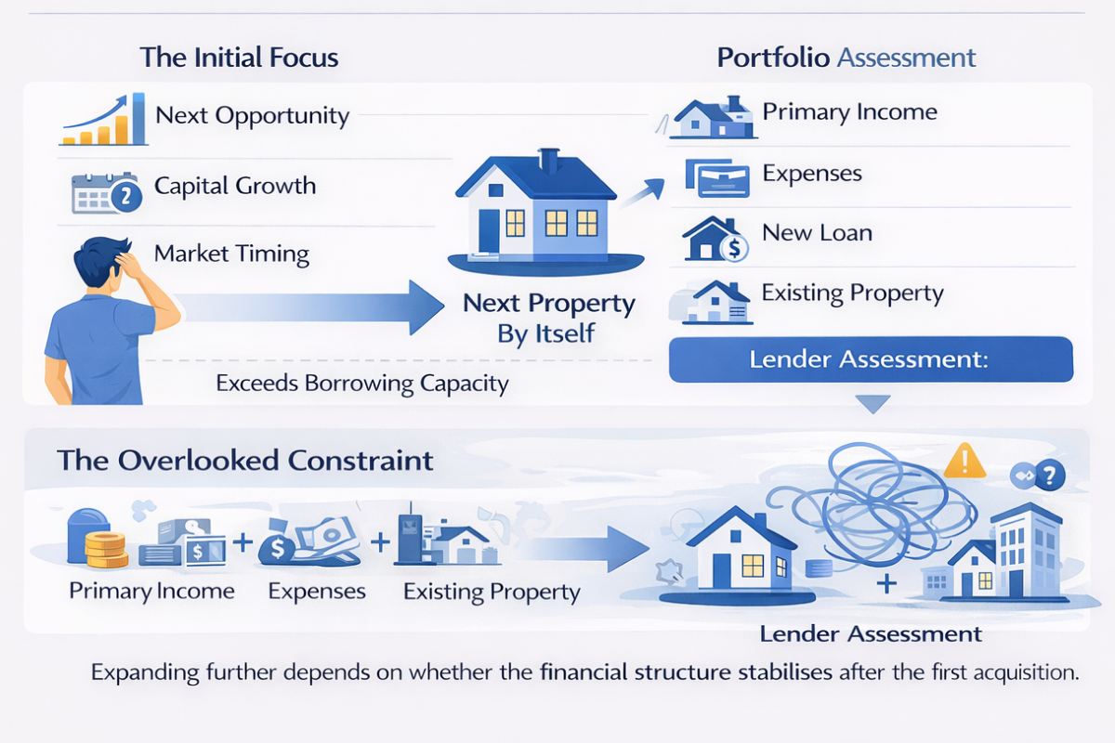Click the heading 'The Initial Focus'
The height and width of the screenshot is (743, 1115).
(239, 58)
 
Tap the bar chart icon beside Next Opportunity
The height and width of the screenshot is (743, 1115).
(103, 120)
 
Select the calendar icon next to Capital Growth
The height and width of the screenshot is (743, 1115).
(107, 193)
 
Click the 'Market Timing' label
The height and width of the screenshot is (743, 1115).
(231, 254)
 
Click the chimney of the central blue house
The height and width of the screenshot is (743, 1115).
(549, 161)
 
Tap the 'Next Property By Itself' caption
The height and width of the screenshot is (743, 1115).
(548, 318)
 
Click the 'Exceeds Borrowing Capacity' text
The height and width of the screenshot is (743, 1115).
(362, 384)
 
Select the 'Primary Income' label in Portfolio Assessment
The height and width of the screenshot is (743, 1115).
(849, 112)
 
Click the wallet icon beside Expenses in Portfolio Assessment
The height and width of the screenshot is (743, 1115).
(717, 178)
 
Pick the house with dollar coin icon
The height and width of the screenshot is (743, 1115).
(715, 239)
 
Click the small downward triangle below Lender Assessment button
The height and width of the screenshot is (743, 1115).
(873, 404)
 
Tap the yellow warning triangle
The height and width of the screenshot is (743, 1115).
(964, 461)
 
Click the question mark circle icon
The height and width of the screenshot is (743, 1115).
(1050, 476)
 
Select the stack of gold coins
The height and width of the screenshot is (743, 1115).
(106, 550)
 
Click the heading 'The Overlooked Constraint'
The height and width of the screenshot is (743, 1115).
(245, 461)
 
